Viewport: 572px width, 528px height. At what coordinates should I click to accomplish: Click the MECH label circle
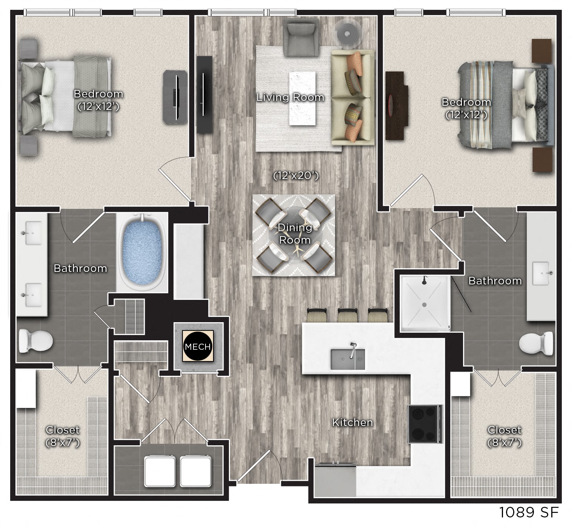[198, 346]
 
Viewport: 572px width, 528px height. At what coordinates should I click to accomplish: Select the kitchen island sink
[348, 359]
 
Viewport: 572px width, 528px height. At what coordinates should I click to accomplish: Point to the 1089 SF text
[529, 513]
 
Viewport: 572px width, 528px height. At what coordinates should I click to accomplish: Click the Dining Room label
[295, 234]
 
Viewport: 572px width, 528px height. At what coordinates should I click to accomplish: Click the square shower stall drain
[425, 304]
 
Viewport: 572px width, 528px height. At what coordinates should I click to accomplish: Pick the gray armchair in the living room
[301, 36]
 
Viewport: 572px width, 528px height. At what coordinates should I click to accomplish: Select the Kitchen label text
[352, 422]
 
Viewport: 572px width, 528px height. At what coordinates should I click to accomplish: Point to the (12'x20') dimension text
[296, 176]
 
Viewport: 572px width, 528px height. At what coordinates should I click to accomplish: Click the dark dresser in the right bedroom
[396, 106]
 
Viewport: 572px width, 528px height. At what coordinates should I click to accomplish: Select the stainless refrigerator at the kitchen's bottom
[335, 480]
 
